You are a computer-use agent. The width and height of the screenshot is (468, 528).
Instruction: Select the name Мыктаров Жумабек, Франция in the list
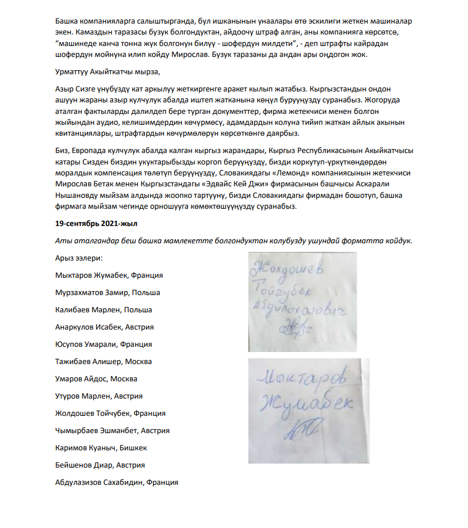pyautogui.click(x=109, y=275)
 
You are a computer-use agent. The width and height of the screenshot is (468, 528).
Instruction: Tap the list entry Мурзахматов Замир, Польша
pyautogui.click(x=108, y=292)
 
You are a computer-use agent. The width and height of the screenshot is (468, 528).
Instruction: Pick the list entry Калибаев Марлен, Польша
pyautogui.click(x=103, y=309)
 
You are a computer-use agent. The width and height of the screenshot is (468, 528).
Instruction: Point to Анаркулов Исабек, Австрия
pyautogui.click(x=104, y=327)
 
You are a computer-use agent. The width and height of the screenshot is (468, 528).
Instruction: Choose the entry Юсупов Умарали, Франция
pyautogui.click(x=103, y=344)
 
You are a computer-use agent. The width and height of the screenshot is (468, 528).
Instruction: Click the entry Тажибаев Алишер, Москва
pyautogui.click(x=103, y=361)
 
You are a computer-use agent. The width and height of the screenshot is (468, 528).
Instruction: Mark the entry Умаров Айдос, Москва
pyautogui.click(x=96, y=378)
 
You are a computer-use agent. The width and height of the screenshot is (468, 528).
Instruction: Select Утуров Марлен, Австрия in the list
pyautogui.click(x=99, y=396)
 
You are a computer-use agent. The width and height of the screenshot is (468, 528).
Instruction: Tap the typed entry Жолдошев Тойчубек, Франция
pyautogui.click(x=110, y=413)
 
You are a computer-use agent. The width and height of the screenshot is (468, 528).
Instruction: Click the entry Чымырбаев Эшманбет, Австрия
pyautogui.click(x=112, y=430)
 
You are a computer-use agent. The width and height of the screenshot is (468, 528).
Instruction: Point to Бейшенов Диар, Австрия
pyautogui.click(x=99, y=465)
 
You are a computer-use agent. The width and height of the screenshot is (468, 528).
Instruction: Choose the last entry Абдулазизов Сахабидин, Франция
pyautogui.click(x=116, y=482)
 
